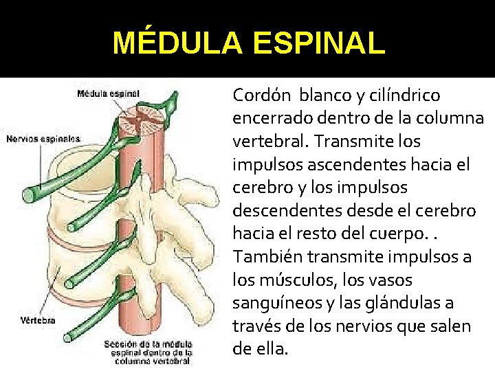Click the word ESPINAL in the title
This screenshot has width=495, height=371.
point(319,43)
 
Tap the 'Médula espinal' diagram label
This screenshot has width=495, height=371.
point(109,93)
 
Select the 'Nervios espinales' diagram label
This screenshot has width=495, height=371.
point(43,139)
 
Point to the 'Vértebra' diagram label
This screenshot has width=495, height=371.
point(38,320)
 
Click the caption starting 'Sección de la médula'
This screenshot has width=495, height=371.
point(148,351)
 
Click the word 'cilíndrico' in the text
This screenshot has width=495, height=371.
point(406,94)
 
